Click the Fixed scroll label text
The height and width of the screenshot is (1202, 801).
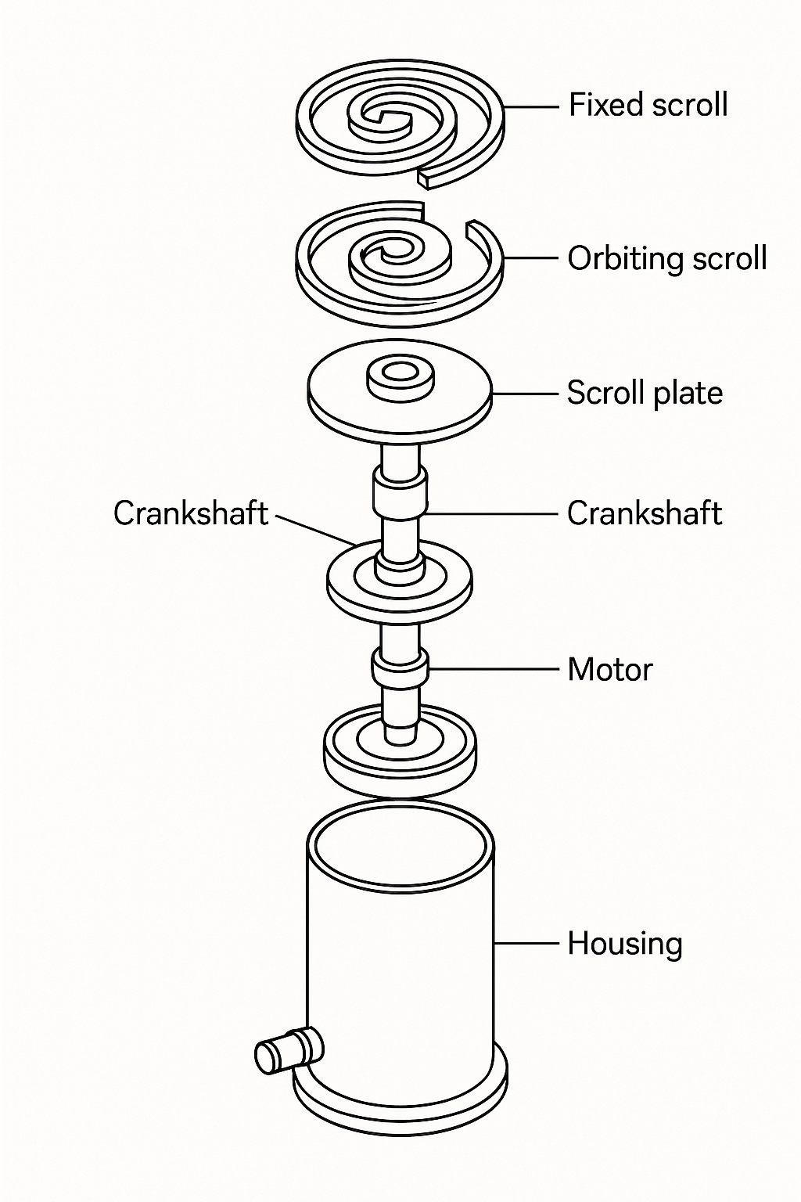tap(648, 105)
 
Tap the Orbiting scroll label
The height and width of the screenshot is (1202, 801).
tap(666, 258)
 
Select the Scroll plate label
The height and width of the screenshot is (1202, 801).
tap(645, 393)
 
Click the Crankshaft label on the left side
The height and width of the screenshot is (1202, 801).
tap(190, 513)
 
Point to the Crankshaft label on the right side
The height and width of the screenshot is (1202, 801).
tap(645, 513)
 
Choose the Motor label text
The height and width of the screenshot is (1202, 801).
tap(609, 670)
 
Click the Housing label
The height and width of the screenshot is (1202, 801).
tap(624, 944)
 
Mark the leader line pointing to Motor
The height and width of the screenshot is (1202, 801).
tap(494, 669)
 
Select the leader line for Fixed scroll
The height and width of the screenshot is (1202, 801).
tap(532, 106)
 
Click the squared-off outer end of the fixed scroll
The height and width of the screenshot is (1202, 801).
tap(424, 181)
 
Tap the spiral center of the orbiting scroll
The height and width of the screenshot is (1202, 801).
tap(389, 254)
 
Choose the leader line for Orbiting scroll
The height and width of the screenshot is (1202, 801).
tap(532, 258)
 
